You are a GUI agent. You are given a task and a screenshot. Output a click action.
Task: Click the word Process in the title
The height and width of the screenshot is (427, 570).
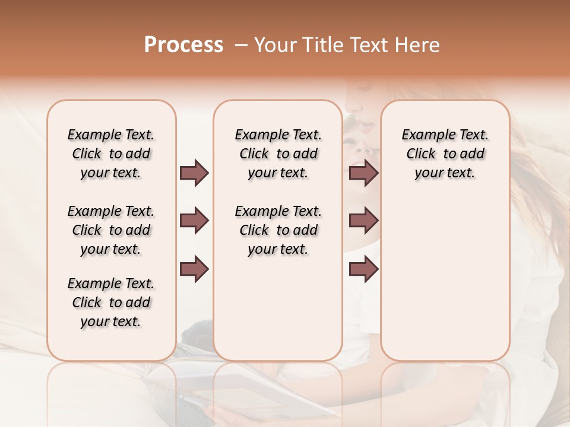pos(183,45)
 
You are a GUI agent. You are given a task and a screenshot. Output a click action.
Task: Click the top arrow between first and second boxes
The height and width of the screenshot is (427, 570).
pos(194,173)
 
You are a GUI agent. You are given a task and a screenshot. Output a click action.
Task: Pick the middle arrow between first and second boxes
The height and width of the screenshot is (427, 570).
pos(194,221)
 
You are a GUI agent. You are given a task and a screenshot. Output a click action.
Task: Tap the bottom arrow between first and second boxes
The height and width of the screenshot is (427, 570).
pos(194,269)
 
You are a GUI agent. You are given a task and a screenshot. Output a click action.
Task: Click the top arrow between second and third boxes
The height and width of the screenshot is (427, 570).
pos(363,173)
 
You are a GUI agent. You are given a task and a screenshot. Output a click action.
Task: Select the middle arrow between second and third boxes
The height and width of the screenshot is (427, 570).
pos(363,221)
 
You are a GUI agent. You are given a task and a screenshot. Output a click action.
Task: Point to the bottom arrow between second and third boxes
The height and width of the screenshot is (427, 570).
pos(363,269)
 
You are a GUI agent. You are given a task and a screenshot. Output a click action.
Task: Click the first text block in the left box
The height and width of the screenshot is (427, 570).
pos(111,154)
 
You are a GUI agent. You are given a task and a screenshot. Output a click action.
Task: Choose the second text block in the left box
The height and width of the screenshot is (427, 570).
pos(111,230)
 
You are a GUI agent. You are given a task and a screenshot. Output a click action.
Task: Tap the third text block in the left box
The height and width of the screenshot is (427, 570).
pos(111,302)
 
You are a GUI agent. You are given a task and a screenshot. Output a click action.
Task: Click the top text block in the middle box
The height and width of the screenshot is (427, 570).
pos(278,154)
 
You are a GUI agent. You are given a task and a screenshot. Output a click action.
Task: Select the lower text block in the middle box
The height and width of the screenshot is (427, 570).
pos(278,230)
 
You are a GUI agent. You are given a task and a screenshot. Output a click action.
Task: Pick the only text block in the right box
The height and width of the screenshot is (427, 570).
pos(445,154)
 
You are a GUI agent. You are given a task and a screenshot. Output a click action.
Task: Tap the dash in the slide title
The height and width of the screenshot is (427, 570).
pos(241,45)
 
